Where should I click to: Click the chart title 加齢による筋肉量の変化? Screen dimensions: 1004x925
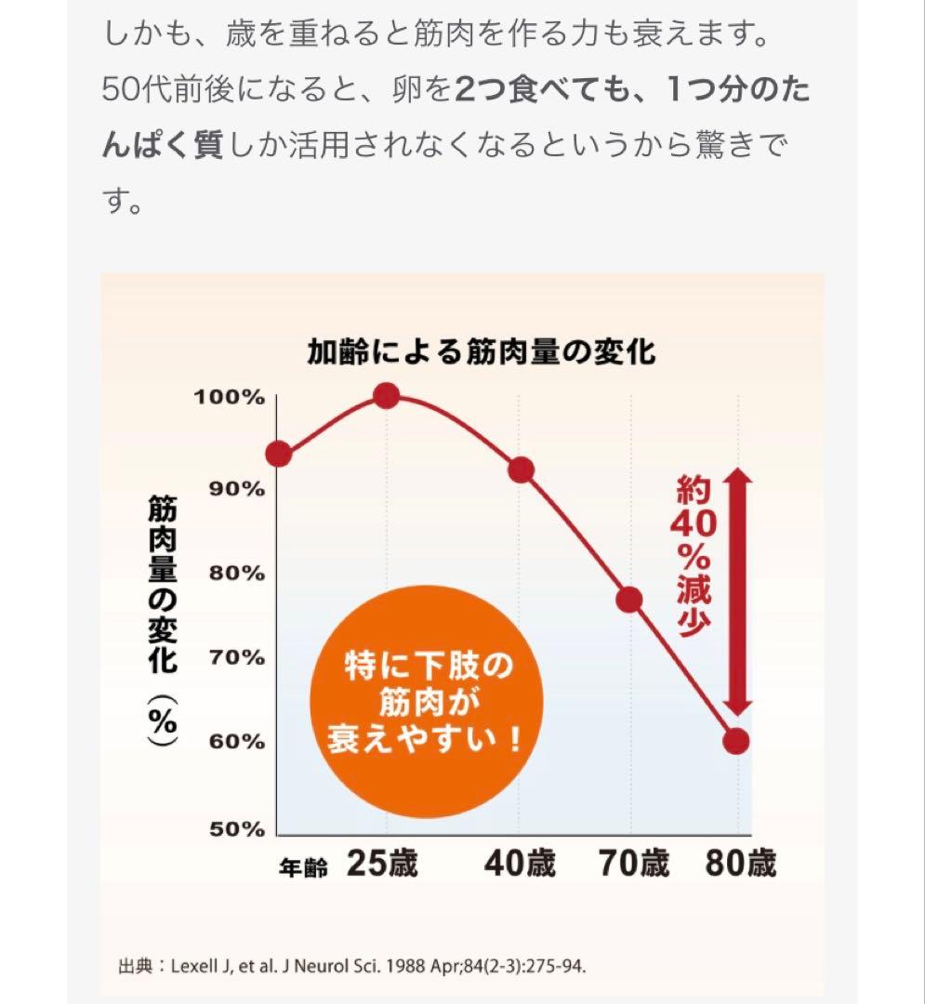(482, 352)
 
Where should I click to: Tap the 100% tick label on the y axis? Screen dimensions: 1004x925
(229, 397)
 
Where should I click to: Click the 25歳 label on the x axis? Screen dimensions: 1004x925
(383, 865)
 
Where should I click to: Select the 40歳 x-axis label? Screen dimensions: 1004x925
(520, 865)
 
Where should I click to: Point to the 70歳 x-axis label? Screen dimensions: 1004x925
(633, 865)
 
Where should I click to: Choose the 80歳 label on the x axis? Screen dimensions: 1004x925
(740, 865)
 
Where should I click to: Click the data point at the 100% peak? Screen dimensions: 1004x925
(387, 397)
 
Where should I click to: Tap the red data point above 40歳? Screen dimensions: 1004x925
(521, 469)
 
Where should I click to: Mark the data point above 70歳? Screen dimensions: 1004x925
(629, 600)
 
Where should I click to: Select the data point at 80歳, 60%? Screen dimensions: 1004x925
(736, 741)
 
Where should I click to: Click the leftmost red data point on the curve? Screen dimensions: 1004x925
(279, 455)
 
